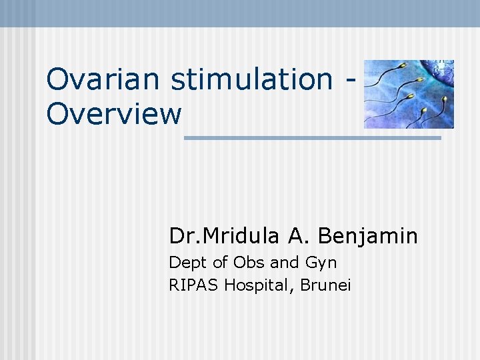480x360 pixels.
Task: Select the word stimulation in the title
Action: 251,79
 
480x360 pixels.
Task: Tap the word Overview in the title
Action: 114,114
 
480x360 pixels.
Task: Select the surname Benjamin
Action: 368,236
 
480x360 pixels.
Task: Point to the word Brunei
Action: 325,285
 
